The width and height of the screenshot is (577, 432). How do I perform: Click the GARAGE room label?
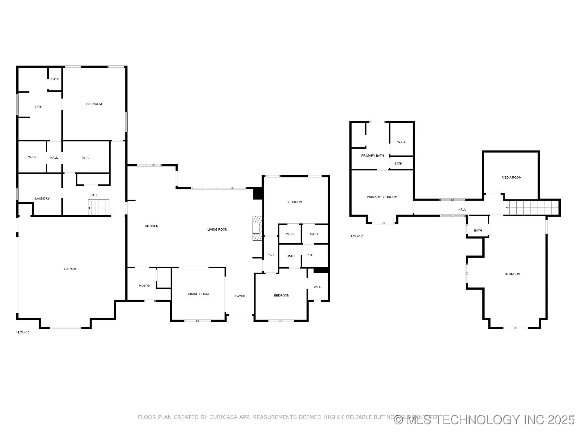click(x=70, y=269)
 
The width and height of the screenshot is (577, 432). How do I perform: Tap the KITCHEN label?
click(x=152, y=226)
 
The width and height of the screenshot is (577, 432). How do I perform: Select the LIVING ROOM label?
click(x=217, y=229)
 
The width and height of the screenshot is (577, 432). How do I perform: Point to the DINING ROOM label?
click(x=198, y=294)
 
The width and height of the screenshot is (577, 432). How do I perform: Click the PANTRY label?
click(x=145, y=285)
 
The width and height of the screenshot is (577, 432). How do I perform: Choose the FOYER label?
click(x=240, y=296)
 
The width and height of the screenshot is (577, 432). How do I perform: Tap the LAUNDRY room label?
click(x=42, y=199)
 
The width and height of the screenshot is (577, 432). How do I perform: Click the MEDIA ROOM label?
click(x=511, y=177)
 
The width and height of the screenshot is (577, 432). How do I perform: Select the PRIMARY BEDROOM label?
click(x=382, y=197)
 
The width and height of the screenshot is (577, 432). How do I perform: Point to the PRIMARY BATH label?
click(x=372, y=156)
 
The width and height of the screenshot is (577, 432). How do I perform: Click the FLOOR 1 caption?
click(x=23, y=332)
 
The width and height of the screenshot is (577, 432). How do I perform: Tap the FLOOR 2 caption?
click(x=356, y=236)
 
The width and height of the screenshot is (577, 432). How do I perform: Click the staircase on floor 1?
click(x=99, y=208)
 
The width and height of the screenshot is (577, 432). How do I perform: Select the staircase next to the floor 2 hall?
click(x=531, y=208)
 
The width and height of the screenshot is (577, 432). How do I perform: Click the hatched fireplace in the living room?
click(x=257, y=228)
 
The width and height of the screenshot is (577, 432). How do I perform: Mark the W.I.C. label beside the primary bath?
click(x=401, y=142)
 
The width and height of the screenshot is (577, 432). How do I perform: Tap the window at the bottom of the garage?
click(x=66, y=328)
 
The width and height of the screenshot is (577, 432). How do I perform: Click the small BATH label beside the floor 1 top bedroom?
click(x=55, y=79)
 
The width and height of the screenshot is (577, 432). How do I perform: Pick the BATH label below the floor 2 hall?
click(x=478, y=231)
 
